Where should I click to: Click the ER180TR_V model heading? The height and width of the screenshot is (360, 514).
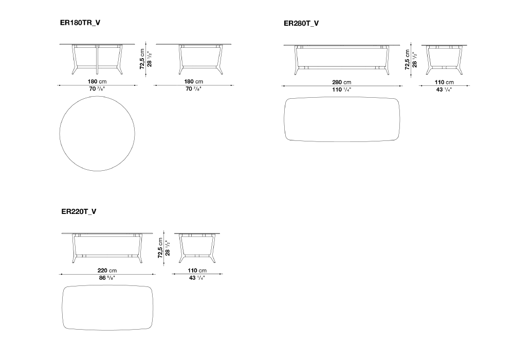click(80, 23)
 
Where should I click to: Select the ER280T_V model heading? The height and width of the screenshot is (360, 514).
click(301, 23)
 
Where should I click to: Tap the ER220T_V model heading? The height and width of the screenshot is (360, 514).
click(79, 211)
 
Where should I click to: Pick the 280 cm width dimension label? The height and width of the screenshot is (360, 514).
click(342, 82)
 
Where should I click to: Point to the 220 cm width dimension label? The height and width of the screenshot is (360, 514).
click(107, 271)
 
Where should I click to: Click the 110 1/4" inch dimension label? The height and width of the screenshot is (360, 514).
click(342, 89)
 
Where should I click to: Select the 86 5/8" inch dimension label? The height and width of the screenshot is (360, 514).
click(107, 278)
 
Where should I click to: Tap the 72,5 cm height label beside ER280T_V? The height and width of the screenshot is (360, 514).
click(408, 59)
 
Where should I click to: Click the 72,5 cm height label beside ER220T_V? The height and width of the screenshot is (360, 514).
click(160, 247)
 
